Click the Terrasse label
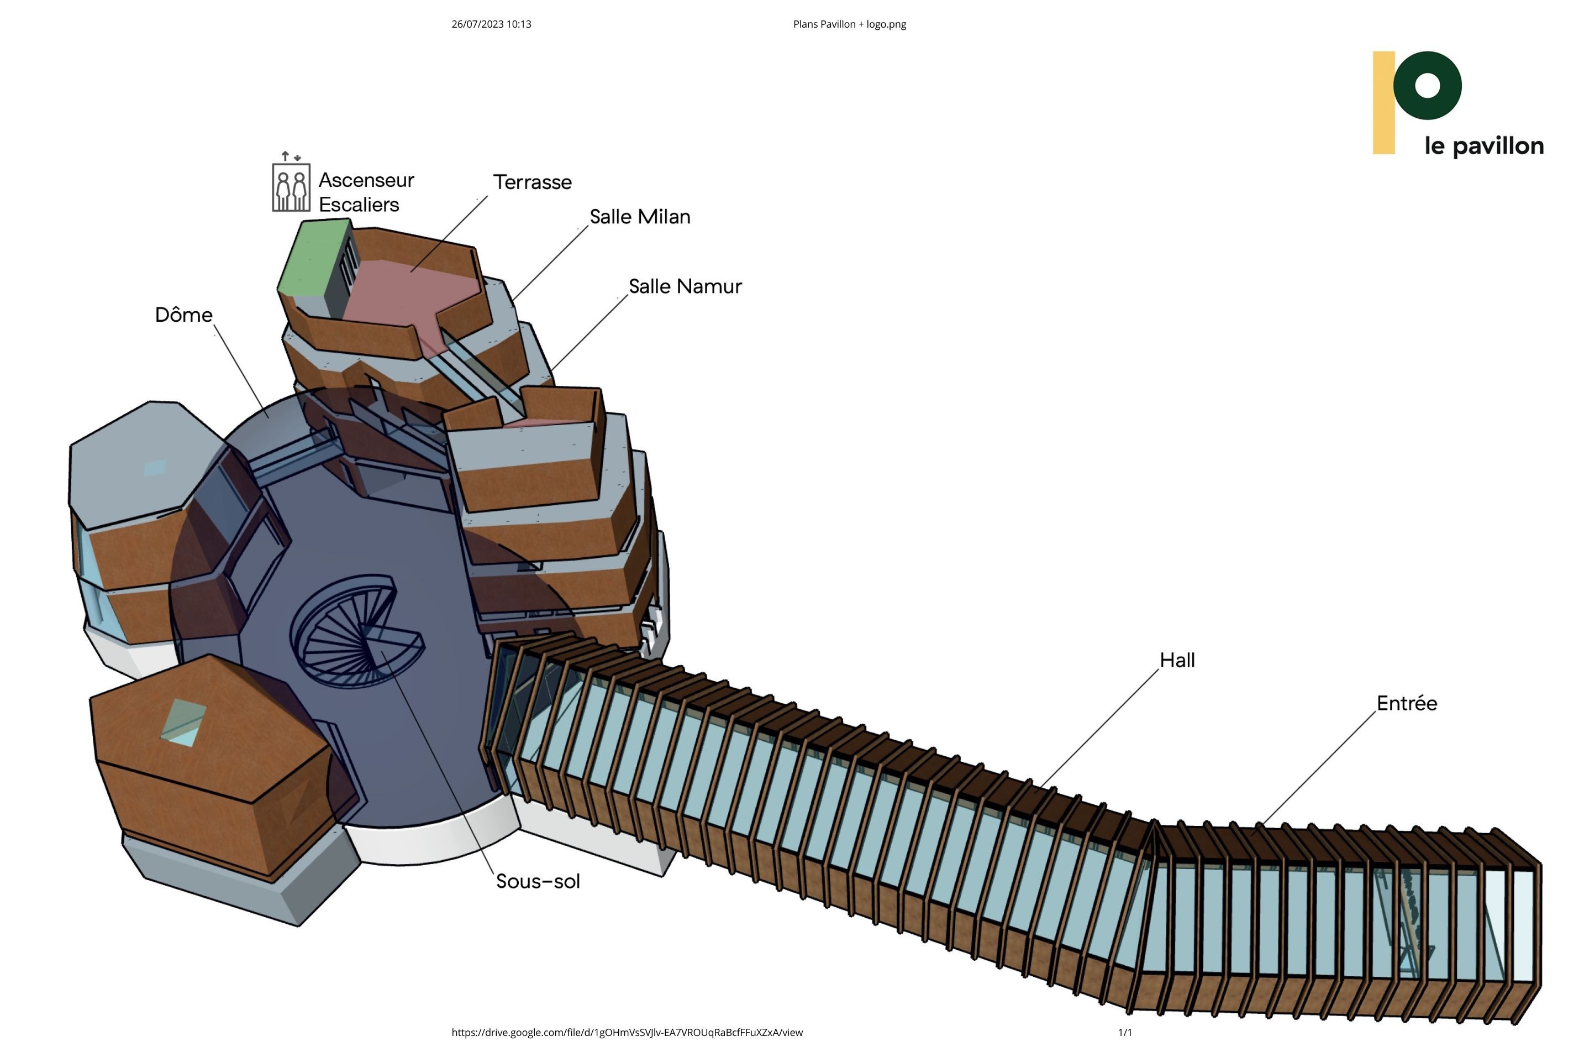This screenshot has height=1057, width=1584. point(531,182)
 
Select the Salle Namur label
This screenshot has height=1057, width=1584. point(685,286)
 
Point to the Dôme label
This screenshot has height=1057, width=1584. point(183,315)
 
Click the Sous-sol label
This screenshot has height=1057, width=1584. point(538,881)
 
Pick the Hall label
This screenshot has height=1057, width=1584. point(1176,660)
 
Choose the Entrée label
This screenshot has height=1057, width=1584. point(1406,703)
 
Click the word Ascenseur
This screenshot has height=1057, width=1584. point(366,180)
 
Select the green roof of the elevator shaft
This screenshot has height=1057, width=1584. point(311,259)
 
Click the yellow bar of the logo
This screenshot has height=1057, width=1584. point(1383,102)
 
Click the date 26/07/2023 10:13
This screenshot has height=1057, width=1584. point(491,24)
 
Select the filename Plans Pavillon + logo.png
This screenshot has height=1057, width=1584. point(849,24)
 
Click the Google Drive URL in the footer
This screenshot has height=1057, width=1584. point(627,1032)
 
